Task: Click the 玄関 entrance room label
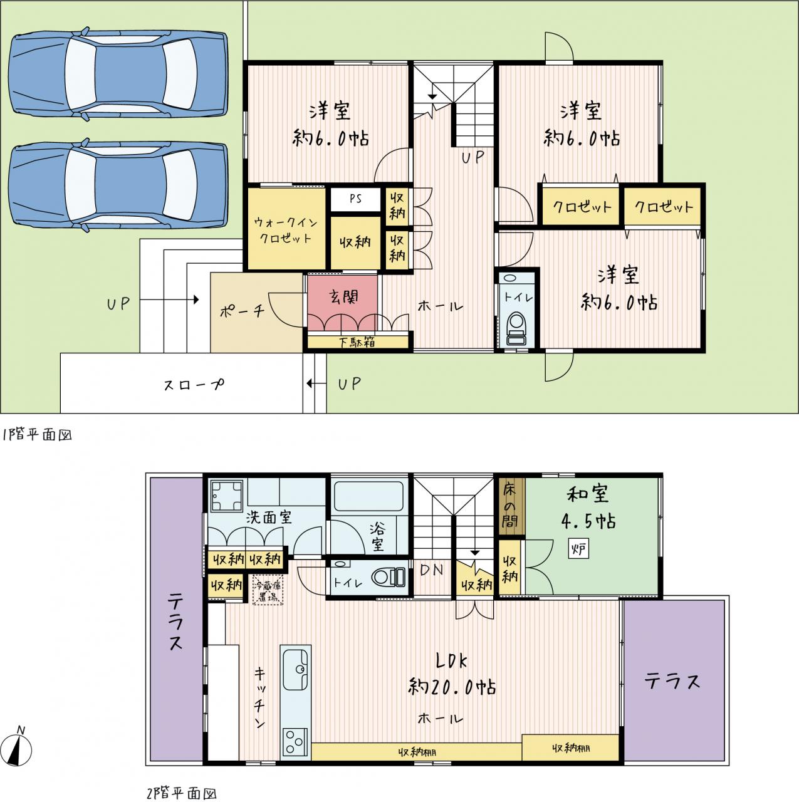click(x=343, y=297)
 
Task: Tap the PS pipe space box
click(x=355, y=199)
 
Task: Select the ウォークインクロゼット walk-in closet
click(x=287, y=229)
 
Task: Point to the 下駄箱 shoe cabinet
click(x=358, y=341)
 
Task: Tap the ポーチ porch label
click(x=242, y=311)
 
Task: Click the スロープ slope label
click(x=194, y=384)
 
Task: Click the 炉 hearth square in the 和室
click(x=578, y=549)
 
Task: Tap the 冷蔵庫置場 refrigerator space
click(x=269, y=589)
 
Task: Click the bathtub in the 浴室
click(x=369, y=496)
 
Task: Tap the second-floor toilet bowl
click(x=388, y=577)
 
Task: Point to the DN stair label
click(x=431, y=570)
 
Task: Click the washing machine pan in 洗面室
click(x=226, y=496)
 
